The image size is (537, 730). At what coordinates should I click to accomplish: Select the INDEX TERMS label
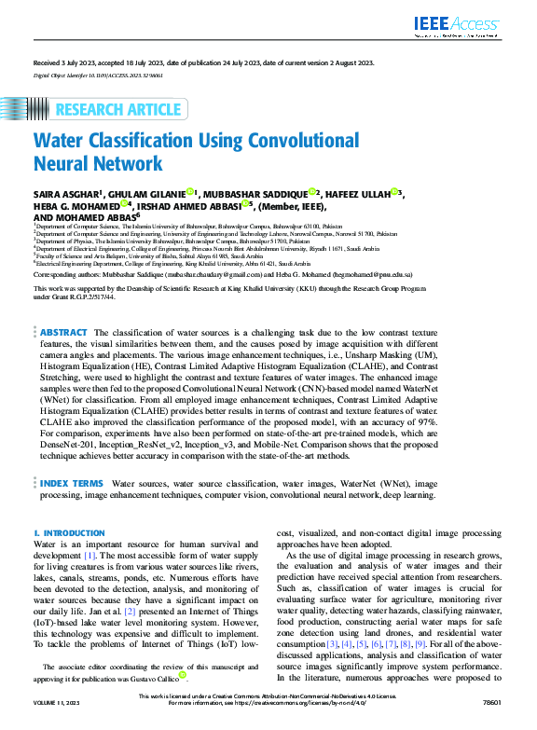(72, 484)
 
